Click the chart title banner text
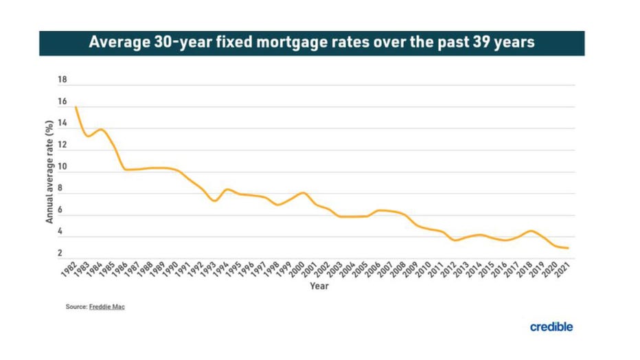(312, 43)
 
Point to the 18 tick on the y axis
(62, 80)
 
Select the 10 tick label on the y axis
(62, 168)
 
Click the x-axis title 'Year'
(319, 286)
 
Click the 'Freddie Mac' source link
(107, 307)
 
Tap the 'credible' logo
(551, 327)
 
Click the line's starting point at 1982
(76, 107)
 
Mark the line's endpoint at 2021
(569, 248)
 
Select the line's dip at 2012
(454, 240)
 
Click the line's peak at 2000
(303, 192)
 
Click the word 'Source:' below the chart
(76, 307)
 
